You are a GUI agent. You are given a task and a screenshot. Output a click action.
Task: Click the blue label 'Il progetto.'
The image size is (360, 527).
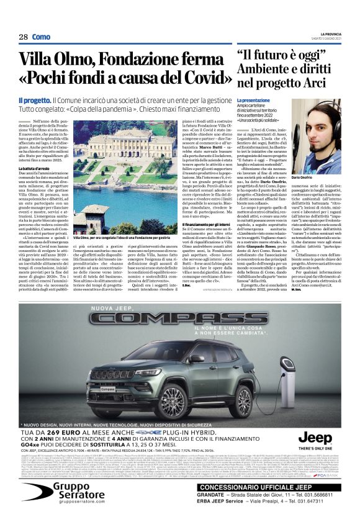click(34, 100)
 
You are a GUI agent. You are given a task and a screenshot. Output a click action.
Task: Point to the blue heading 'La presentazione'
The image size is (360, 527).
click(253, 100)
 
